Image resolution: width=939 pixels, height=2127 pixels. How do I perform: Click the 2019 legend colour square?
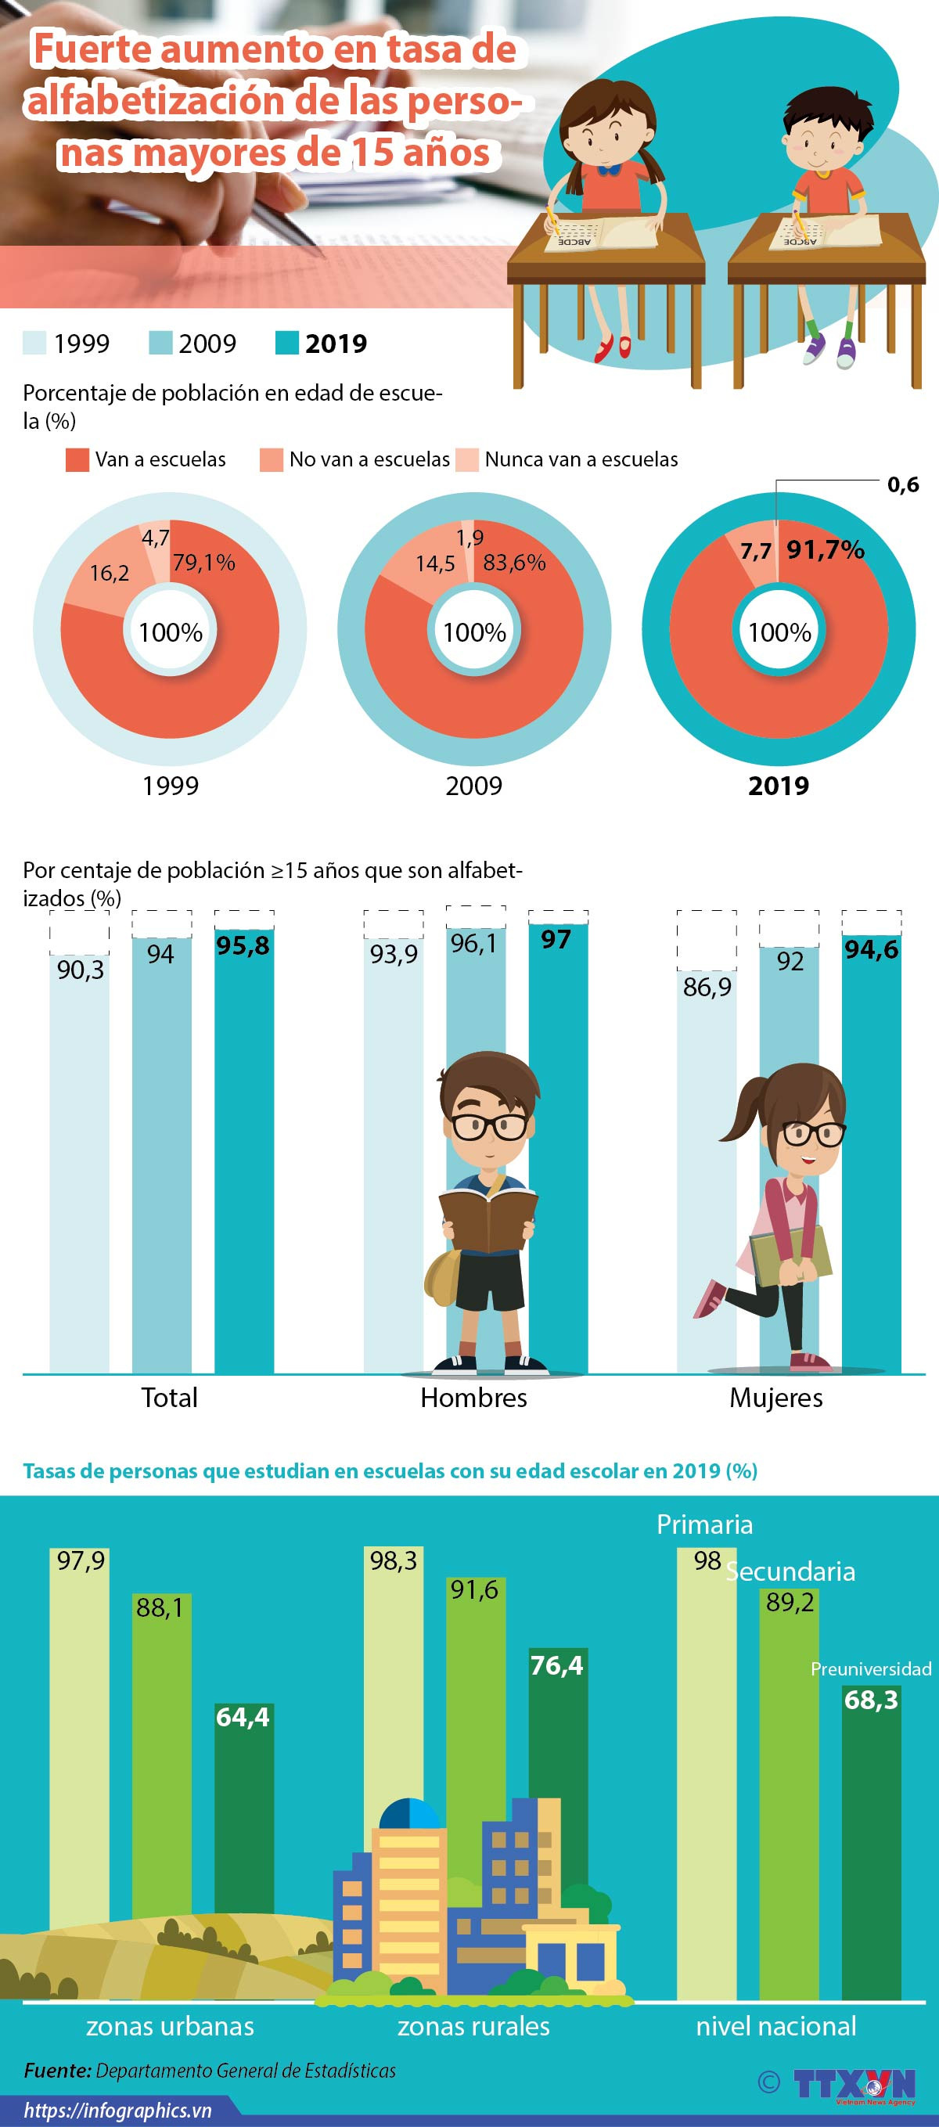[286, 343]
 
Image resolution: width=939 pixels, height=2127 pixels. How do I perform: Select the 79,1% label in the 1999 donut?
[204, 563]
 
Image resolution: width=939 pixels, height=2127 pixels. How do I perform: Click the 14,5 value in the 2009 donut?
[435, 564]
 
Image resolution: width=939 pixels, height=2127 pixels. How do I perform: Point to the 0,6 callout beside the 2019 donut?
[903, 484]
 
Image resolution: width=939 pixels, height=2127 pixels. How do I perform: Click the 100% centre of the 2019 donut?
[779, 632]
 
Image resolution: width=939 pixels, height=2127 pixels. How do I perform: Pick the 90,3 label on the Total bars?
[80, 970]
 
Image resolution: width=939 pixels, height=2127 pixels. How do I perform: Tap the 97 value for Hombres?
[556, 940]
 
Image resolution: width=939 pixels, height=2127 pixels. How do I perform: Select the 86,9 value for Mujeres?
[707, 987]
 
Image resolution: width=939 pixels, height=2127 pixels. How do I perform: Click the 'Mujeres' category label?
[775, 1397]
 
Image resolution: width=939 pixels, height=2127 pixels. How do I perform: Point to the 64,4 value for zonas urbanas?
[243, 1718]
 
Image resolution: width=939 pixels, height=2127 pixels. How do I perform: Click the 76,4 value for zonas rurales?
[556, 1665]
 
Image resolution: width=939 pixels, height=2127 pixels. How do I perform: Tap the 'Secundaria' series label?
[791, 1571]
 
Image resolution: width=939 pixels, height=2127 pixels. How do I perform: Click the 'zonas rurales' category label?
[473, 2025]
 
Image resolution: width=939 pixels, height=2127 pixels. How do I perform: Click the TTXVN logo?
[854, 2084]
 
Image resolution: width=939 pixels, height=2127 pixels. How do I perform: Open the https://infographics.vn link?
[117, 2111]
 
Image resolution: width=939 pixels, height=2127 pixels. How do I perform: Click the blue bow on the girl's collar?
[610, 169]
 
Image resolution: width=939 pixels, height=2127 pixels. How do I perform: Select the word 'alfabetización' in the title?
[153, 101]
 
